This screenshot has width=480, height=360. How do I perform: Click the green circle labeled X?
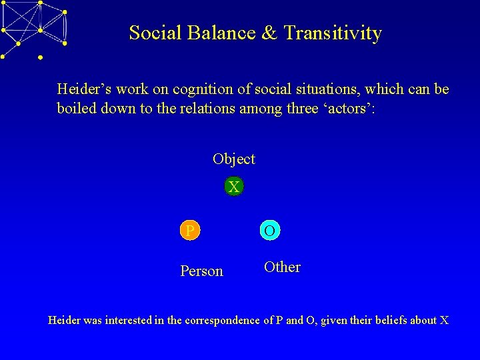233,187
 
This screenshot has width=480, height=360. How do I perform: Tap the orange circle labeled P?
190,231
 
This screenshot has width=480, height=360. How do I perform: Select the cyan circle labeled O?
269,231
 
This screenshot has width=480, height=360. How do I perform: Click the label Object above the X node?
233,159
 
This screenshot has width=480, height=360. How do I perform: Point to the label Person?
201,271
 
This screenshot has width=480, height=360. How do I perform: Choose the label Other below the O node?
282,267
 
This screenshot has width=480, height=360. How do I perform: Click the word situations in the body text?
350,89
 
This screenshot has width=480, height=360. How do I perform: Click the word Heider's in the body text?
81,89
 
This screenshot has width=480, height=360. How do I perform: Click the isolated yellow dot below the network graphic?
41,58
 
